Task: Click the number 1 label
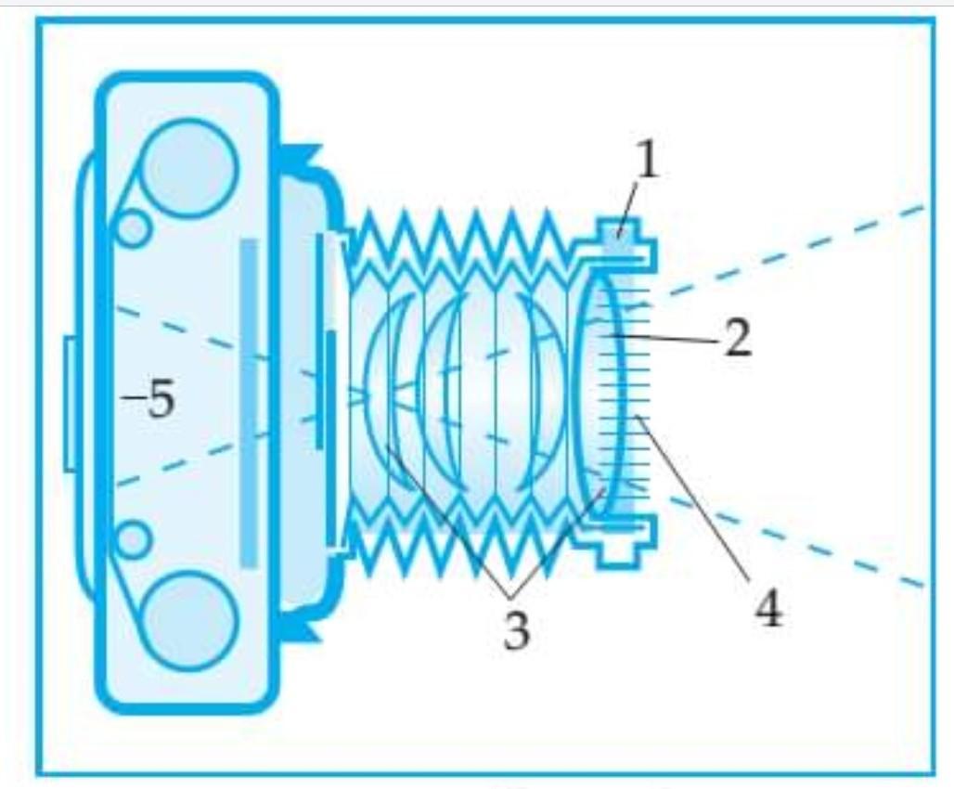[647, 162]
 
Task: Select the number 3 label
[515, 631]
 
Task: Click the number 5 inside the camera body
[160, 400]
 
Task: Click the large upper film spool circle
[189, 169]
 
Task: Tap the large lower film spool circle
[189, 620]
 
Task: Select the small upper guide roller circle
[133, 228]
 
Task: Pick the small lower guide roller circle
[133, 538]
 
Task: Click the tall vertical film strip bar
[249, 402]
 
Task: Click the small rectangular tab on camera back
[70, 404]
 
